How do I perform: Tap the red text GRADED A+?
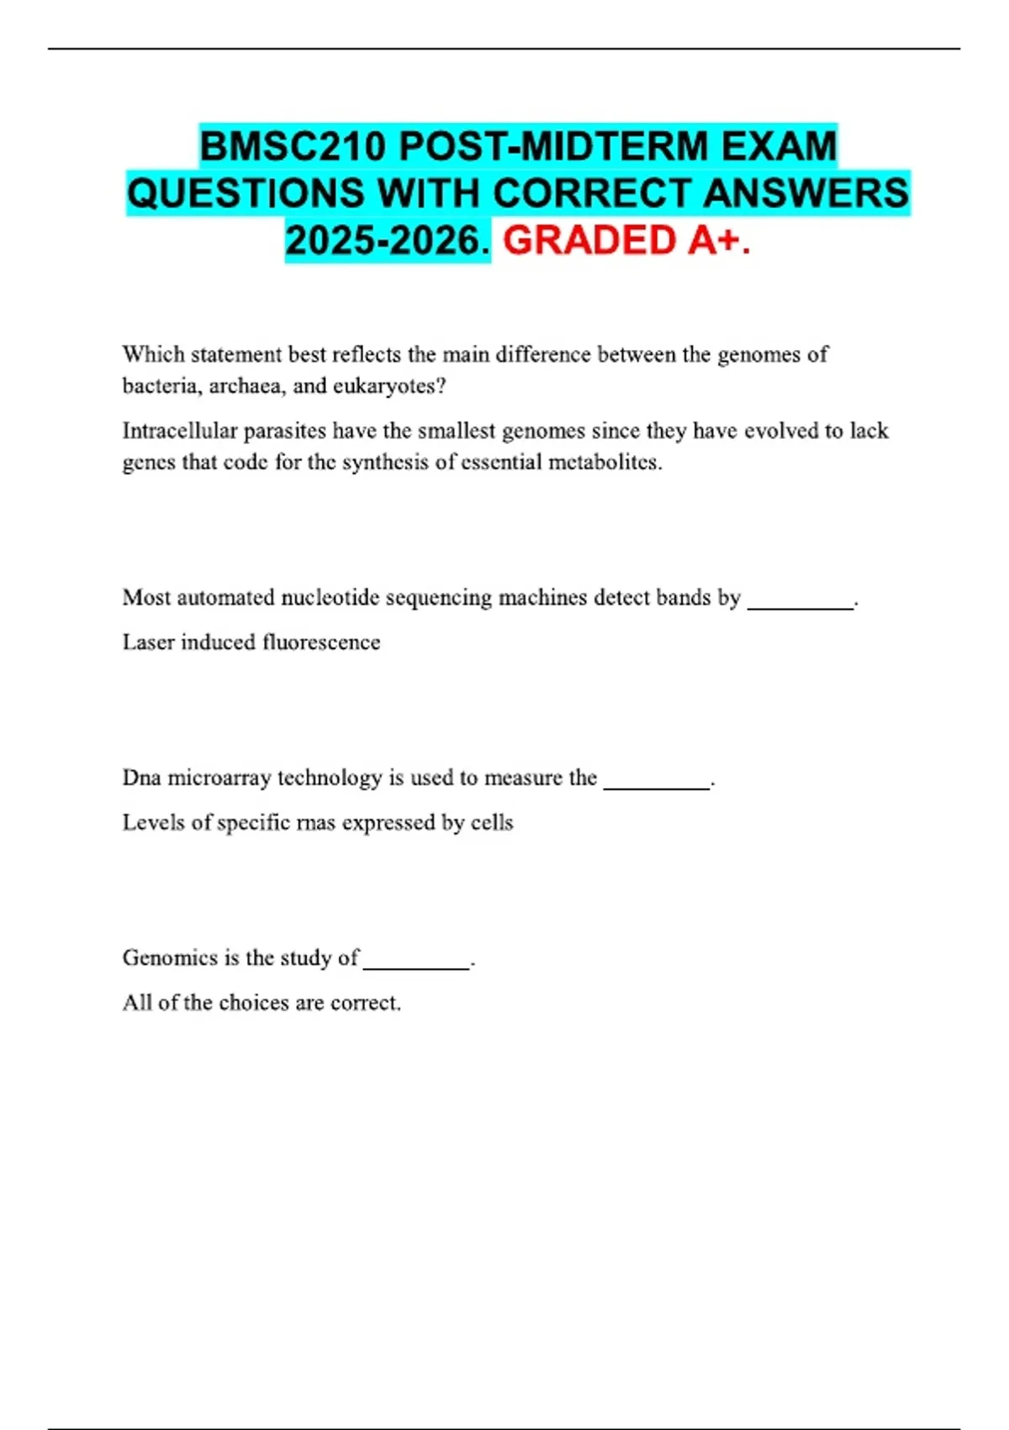(626, 241)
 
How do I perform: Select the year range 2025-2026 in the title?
(387, 241)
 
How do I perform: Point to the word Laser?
(147, 643)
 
